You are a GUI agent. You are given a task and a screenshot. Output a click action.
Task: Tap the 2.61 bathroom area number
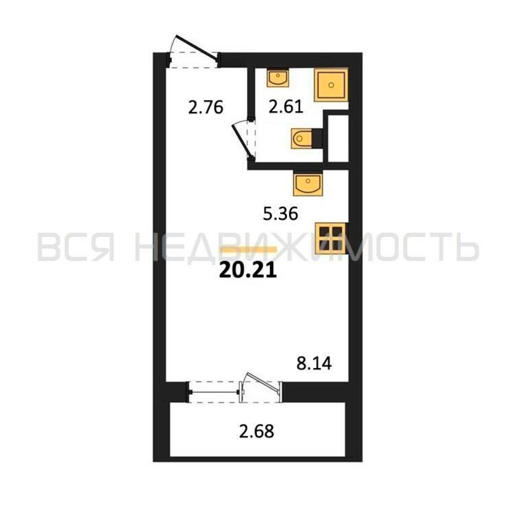coord(286,107)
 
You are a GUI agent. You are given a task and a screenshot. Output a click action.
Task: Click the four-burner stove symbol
coord(331,238)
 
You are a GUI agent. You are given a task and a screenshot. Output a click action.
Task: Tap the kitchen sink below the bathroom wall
coord(308,184)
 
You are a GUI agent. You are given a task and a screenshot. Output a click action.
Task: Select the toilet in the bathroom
coord(302,139)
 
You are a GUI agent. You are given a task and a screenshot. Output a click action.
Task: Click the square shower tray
coord(331,85)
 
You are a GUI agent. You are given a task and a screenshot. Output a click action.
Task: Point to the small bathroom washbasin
coord(278,78)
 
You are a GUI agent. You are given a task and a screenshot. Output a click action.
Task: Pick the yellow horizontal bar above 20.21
coord(248,250)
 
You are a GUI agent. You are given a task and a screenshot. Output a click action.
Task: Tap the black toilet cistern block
coord(317,139)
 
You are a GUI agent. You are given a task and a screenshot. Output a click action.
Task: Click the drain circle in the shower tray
coord(331,85)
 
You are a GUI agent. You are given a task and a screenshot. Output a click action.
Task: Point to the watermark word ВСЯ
coord(76,247)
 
